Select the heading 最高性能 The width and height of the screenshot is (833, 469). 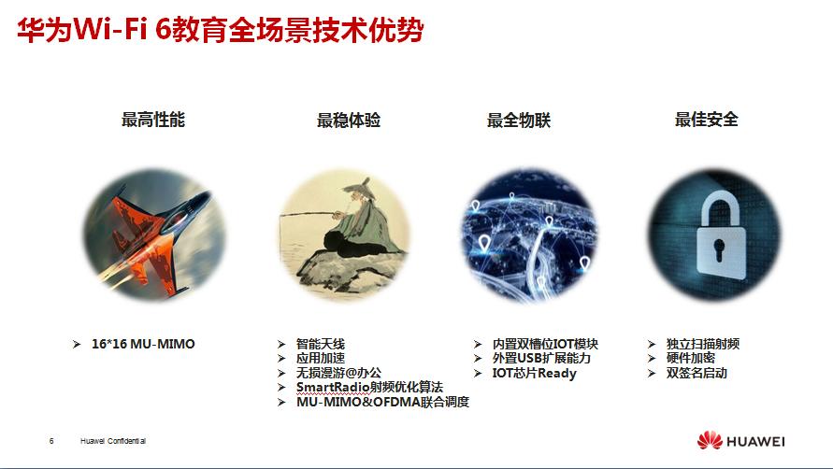pyautogui.click(x=153, y=120)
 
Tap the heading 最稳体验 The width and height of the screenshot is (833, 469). pyautogui.click(x=349, y=120)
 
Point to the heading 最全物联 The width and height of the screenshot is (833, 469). pyautogui.click(x=519, y=120)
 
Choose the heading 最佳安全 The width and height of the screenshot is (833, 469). pyautogui.click(x=707, y=120)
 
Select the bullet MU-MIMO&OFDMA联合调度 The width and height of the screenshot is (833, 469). pyautogui.click(x=382, y=402)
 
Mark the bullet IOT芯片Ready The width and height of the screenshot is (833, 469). pyautogui.click(x=534, y=373)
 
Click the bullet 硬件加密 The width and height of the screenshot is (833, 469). pyautogui.click(x=692, y=358)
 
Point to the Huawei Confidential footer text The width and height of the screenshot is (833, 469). pyautogui.click(x=113, y=441)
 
